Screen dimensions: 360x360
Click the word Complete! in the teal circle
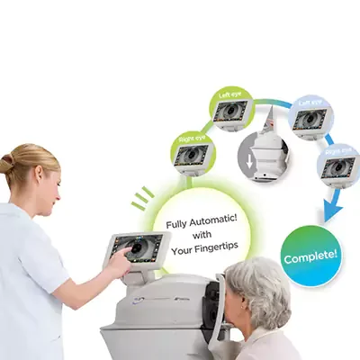tap(311, 256)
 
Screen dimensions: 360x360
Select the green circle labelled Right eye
tap(193, 152)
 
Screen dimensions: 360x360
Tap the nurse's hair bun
tap(7, 165)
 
